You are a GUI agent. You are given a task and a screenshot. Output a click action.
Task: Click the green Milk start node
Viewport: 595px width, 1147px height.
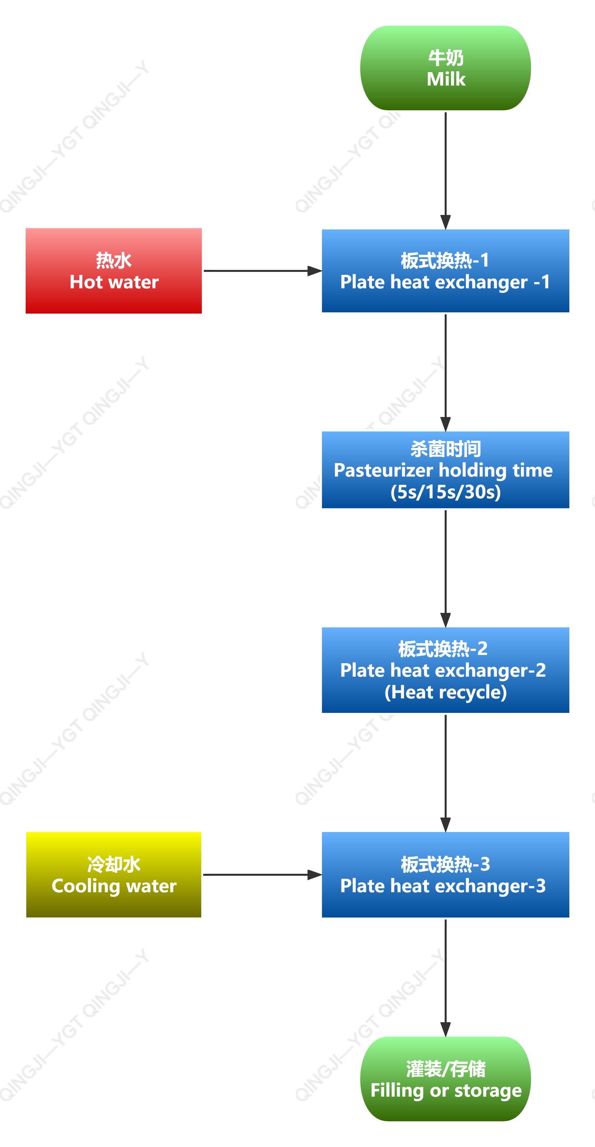coord(445,68)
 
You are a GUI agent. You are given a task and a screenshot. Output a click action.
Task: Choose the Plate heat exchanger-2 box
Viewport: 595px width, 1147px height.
coord(445,670)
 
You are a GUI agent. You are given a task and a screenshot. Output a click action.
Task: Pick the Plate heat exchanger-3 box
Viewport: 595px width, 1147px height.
coord(445,874)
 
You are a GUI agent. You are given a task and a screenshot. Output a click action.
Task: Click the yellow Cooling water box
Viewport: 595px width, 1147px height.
coord(114,874)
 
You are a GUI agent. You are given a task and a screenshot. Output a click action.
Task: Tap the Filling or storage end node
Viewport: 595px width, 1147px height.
coord(445,1079)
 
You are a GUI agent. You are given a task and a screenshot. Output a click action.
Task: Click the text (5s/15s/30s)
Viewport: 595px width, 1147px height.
coord(445,492)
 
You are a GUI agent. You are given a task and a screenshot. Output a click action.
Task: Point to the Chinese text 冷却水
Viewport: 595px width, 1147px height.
coord(114,864)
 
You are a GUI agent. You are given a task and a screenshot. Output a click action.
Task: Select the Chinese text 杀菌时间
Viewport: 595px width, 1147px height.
coord(445,449)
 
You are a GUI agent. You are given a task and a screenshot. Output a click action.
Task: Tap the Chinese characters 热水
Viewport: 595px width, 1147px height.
coord(114,260)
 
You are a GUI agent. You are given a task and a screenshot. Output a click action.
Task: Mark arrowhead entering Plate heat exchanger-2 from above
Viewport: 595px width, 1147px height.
coord(445,619)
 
